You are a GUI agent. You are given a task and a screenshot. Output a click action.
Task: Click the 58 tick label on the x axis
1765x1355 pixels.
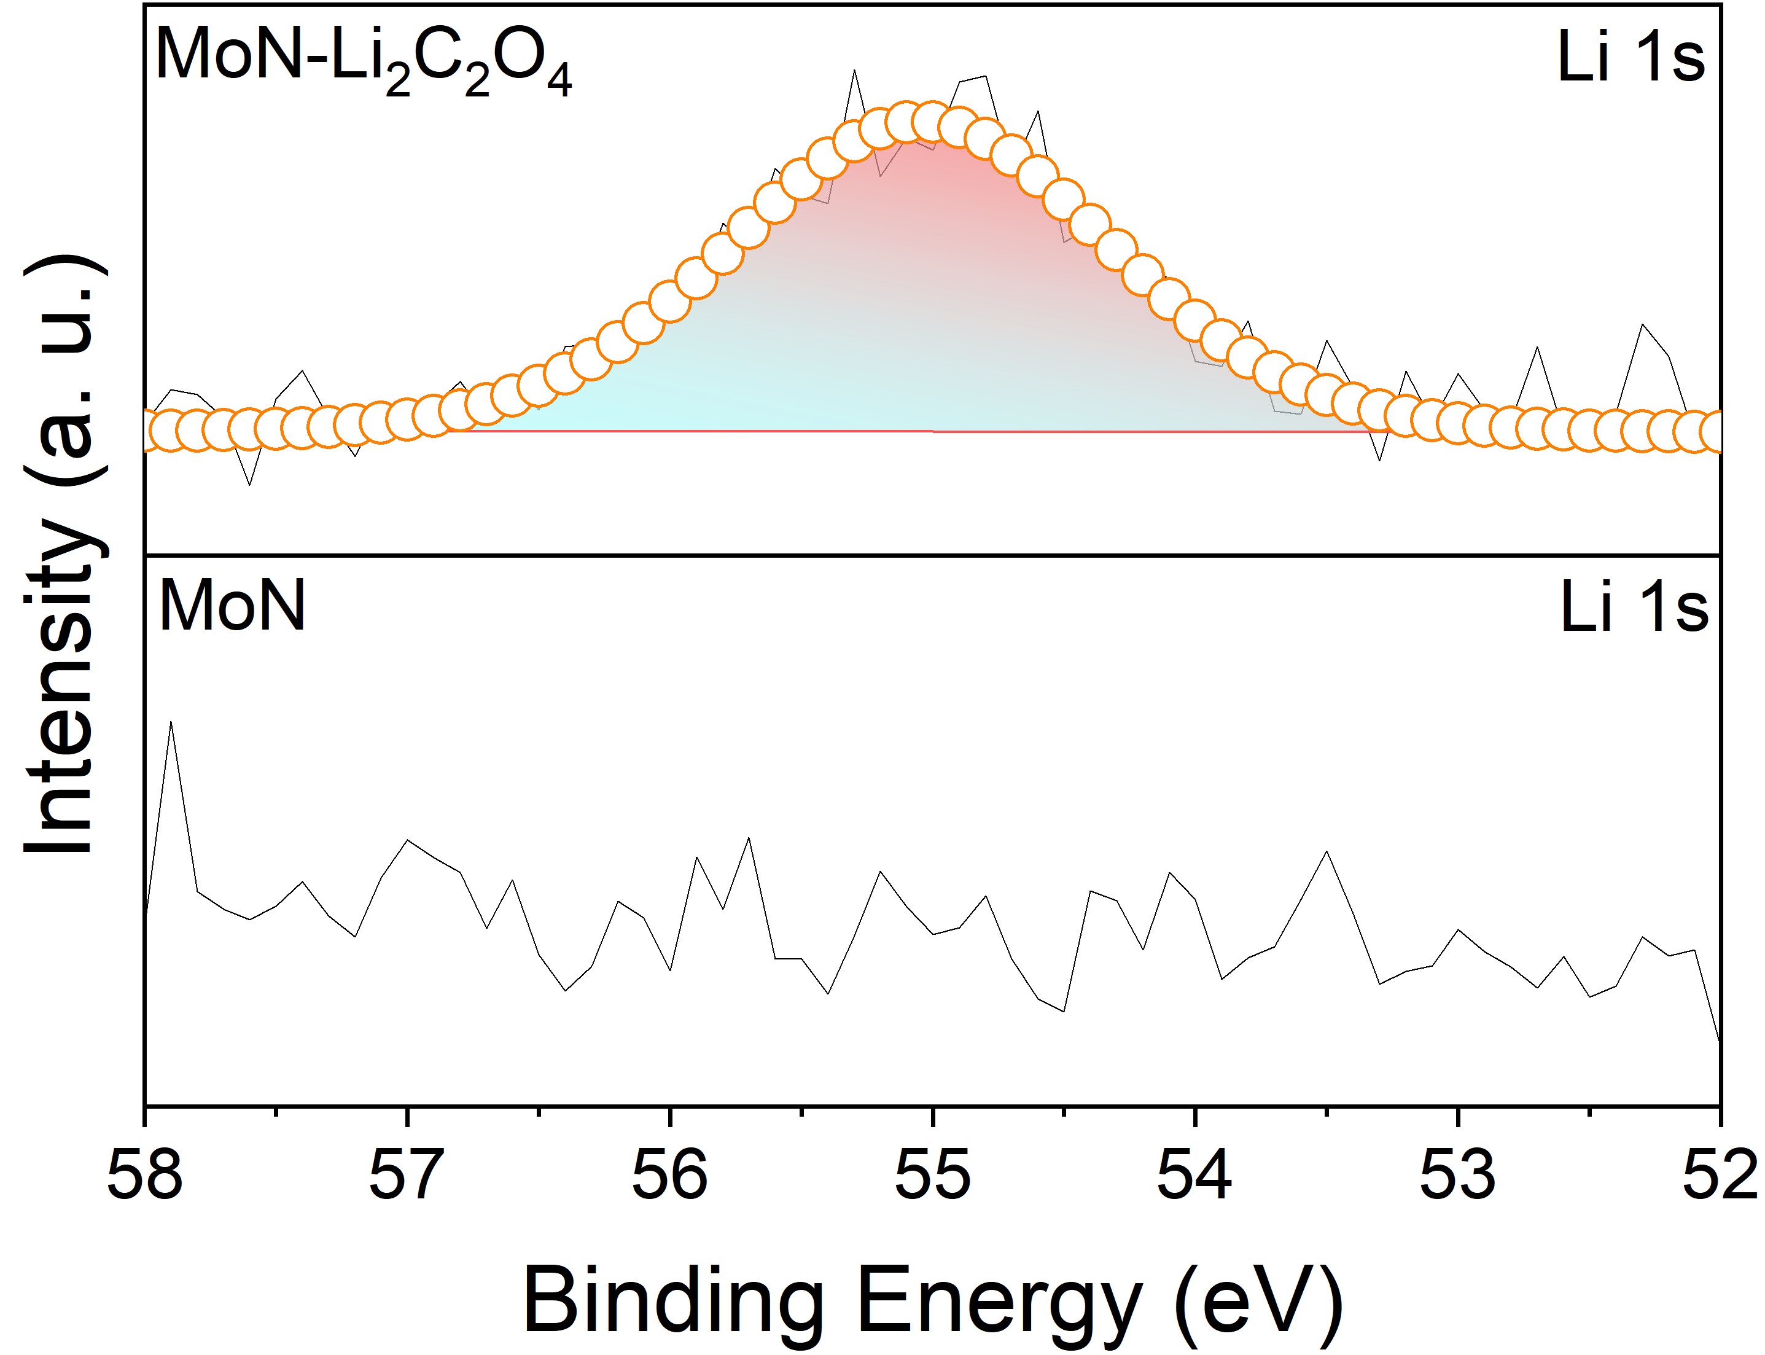pyautogui.click(x=145, y=1175)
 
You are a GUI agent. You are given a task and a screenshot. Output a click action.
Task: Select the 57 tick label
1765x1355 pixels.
pyautogui.click(x=407, y=1175)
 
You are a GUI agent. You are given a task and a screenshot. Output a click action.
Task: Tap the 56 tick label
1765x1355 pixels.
pyautogui.click(x=669, y=1175)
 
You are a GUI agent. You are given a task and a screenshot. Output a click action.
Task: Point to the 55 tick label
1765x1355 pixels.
pyautogui.click(x=933, y=1175)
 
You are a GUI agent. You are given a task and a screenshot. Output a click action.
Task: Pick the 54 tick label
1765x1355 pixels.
pyautogui.click(x=1195, y=1175)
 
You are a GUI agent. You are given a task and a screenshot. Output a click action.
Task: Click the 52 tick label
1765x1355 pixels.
pyautogui.click(x=1720, y=1175)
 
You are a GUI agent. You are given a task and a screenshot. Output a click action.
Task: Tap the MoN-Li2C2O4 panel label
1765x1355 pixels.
pyautogui.click(x=363, y=60)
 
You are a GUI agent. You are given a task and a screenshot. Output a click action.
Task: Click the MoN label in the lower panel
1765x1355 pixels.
pyautogui.click(x=232, y=606)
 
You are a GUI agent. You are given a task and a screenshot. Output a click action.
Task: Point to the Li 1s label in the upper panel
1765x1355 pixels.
pyautogui.click(x=1631, y=58)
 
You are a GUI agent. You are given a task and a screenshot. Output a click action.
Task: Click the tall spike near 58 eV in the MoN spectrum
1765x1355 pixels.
pyautogui.click(x=171, y=723)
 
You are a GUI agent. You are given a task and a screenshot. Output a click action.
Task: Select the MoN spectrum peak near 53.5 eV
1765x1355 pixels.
pyautogui.click(x=1327, y=852)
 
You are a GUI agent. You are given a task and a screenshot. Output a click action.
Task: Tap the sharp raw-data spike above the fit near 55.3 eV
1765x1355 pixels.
pyautogui.click(x=854, y=72)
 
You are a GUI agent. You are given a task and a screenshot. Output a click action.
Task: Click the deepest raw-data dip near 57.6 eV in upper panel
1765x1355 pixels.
pyautogui.click(x=250, y=484)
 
